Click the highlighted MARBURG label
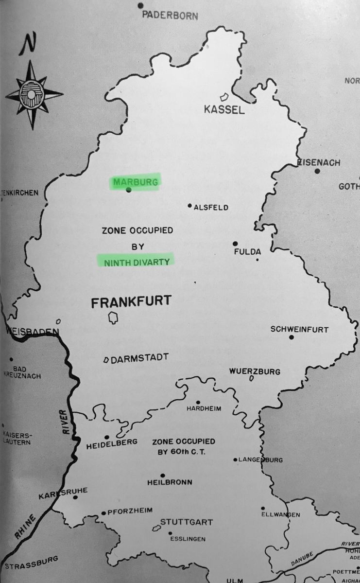tap(136, 182)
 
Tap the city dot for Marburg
tap(128, 190)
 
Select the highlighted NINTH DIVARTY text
tap(136, 262)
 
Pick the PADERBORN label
tap(170, 16)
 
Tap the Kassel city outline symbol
tap(224, 97)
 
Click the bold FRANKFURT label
tap(131, 301)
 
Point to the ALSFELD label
tap(211, 208)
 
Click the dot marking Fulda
tap(235, 243)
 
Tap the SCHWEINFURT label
tap(299, 329)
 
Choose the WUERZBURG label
tap(255, 371)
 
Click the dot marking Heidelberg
tap(107, 437)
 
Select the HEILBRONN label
tap(170, 482)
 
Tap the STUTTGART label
tap(187, 522)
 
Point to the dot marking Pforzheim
tap(103, 513)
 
